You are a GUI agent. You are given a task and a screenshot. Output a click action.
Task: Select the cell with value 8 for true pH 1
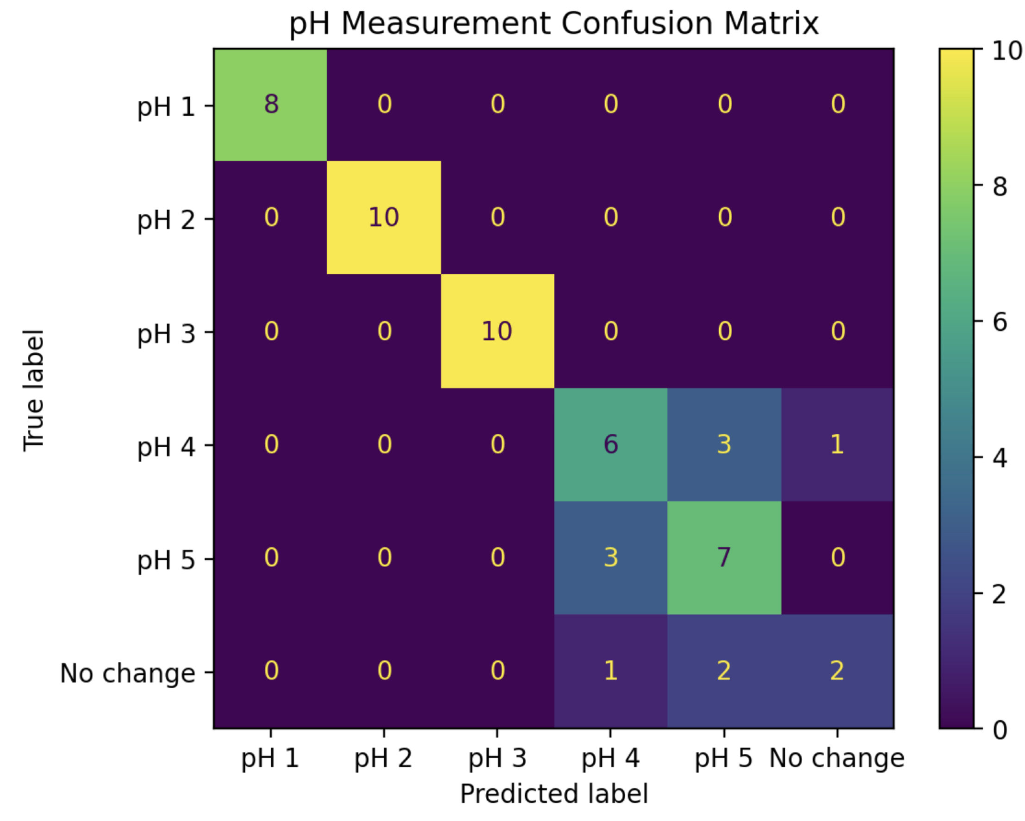(271, 105)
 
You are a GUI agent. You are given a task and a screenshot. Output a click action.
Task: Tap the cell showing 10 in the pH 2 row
(384, 217)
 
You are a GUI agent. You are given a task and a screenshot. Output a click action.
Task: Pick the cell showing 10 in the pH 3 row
(497, 331)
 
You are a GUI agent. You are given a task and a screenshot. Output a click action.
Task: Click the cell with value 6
(610, 444)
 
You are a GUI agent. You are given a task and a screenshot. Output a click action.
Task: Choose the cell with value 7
(724, 557)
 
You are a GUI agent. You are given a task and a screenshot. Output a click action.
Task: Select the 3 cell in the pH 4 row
(724, 444)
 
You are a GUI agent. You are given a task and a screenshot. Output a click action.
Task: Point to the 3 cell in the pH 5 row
(610, 557)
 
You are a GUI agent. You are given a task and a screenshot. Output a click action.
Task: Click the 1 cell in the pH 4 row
(837, 444)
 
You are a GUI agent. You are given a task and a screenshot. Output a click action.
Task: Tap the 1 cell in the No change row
(610, 671)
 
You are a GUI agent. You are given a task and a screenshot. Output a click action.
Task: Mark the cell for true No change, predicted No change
(837, 671)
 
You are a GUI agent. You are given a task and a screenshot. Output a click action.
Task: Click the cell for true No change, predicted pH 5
(724, 671)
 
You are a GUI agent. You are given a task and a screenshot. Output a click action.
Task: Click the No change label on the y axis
(127, 674)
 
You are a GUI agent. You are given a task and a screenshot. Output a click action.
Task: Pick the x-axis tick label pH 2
(383, 758)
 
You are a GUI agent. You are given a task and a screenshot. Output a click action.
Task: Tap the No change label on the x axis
(837, 758)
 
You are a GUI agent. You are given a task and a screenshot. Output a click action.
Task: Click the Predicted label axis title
(554, 794)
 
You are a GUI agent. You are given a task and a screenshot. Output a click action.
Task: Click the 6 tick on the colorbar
(1000, 322)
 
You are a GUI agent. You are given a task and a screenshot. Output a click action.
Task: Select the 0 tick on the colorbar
(1000, 730)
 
